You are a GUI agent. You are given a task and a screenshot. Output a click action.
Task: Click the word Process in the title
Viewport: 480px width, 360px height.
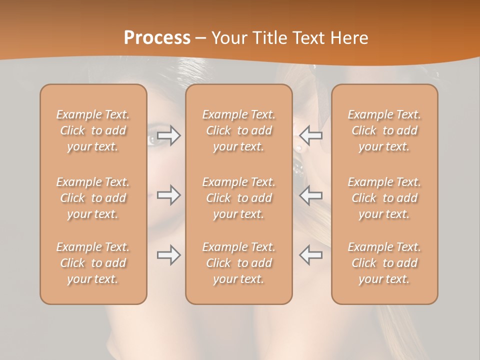pyautogui.click(x=157, y=38)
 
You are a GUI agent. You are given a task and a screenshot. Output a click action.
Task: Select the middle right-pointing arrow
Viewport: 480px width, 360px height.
pyautogui.click(x=169, y=195)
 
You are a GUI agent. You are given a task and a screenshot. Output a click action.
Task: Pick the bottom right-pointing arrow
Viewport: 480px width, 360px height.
pyautogui.click(x=169, y=255)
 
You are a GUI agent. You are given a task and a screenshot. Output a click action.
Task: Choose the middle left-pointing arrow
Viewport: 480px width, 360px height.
pyautogui.click(x=310, y=195)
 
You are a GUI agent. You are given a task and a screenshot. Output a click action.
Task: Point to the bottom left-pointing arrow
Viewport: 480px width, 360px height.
pyautogui.click(x=310, y=255)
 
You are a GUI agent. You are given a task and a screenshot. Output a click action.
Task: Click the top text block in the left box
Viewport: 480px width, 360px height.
pyautogui.click(x=93, y=130)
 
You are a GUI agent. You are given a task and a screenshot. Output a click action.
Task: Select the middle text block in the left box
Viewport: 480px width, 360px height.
pyautogui.click(x=93, y=198)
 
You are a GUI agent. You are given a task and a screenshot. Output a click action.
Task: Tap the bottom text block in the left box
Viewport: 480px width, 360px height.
pyautogui.click(x=93, y=263)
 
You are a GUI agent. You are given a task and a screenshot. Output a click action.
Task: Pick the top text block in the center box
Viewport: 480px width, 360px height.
pyautogui.click(x=238, y=130)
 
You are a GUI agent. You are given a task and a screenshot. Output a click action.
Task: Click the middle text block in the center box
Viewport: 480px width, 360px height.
pyautogui.click(x=238, y=198)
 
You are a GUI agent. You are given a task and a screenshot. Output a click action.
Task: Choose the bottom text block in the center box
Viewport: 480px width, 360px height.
pyautogui.click(x=238, y=263)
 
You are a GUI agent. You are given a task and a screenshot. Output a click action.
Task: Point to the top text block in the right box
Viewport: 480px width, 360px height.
pyautogui.click(x=384, y=130)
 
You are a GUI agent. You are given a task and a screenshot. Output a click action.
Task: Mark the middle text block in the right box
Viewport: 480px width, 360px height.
pyautogui.click(x=384, y=198)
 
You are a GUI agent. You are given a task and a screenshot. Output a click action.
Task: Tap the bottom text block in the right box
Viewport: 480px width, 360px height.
pyautogui.click(x=384, y=263)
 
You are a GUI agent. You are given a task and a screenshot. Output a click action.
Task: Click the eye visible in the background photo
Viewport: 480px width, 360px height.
pyautogui.click(x=153, y=140)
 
